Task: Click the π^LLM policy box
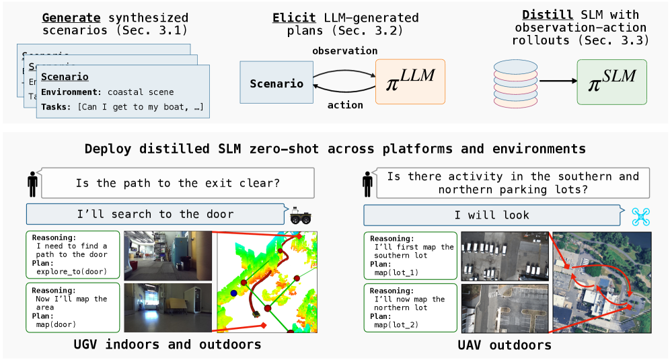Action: click(x=410, y=81)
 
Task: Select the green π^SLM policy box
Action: click(x=611, y=81)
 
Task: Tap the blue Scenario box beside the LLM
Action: click(x=276, y=83)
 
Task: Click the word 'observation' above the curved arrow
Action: click(x=344, y=51)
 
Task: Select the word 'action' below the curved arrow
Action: click(x=345, y=105)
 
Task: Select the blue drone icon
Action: click(x=640, y=215)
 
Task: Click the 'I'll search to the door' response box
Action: click(x=155, y=215)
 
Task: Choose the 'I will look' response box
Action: click(x=491, y=215)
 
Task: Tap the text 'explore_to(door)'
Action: click(x=73, y=272)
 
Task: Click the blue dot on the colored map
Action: click(x=233, y=293)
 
